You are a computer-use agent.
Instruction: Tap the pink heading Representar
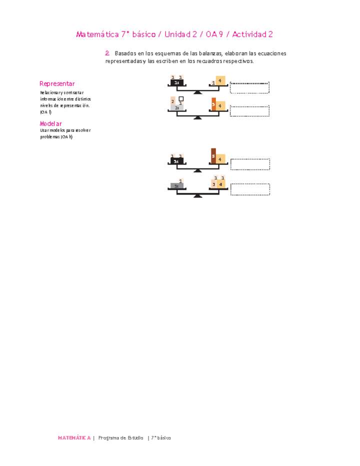[57, 83]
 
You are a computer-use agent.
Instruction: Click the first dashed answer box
[249, 87]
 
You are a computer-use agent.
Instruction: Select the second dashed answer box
[249, 111]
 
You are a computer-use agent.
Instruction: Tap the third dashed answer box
[250, 164]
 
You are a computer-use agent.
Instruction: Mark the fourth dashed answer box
[250, 189]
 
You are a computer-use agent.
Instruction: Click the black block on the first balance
[177, 82]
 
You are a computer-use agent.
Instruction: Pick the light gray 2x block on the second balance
[177, 107]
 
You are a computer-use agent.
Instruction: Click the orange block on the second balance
[213, 104]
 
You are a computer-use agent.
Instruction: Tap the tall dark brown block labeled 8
[213, 156]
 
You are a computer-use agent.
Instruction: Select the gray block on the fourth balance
[176, 186]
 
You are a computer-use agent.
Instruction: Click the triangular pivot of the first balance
[197, 92]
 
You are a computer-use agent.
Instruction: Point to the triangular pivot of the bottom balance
[197, 195]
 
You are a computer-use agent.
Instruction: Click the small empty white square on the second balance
[181, 99]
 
